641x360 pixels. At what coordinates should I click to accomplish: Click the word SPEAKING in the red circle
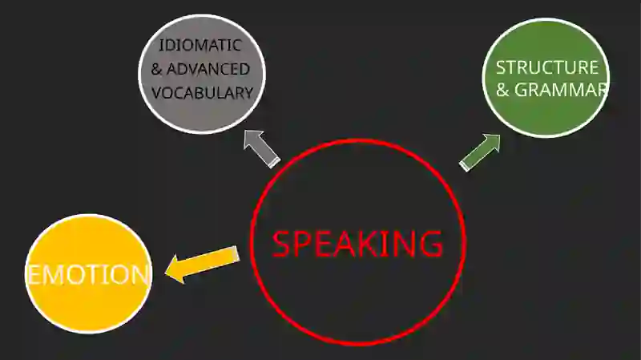[x=357, y=244]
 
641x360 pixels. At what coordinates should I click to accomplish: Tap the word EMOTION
[x=88, y=274]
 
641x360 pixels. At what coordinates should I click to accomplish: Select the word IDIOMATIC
[x=200, y=45]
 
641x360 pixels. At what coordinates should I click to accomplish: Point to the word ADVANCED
[x=208, y=69]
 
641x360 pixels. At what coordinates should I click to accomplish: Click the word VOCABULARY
[x=203, y=93]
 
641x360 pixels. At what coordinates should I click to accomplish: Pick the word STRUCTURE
[x=547, y=67]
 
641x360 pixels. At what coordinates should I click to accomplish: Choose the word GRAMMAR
[x=561, y=90]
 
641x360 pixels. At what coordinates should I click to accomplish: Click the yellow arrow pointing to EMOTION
[x=202, y=264]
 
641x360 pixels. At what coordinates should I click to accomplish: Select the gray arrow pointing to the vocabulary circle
[x=262, y=149]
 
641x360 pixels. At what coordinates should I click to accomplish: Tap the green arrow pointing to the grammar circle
[x=480, y=152]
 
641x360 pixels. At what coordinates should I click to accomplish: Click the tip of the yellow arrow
[x=165, y=273]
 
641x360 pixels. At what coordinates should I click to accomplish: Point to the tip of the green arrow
[x=500, y=135]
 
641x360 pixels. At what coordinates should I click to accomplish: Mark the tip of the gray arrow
[x=244, y=131]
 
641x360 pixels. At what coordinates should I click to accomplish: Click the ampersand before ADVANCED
[x=156, y=69]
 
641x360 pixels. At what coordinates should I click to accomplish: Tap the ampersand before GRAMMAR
[x=502, y=91]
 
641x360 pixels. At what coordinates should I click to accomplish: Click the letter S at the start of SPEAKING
[x=281, y=244]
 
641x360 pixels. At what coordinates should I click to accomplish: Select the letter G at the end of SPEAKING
[x=432, y=244]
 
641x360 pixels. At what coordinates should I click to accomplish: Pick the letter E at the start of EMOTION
[x=34, y=274]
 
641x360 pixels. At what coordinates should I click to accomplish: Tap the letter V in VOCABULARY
[x=157, y=93]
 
